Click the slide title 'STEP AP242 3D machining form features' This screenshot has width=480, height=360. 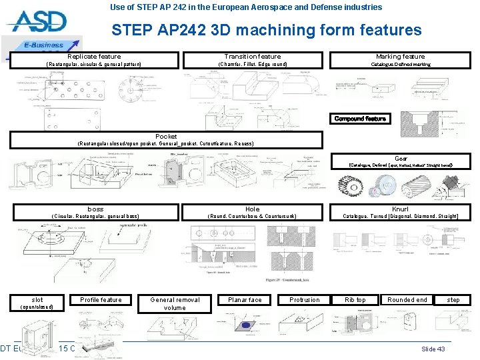click(267, 30)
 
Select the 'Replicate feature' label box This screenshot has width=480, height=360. click(94, 57)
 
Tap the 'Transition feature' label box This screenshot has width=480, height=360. click(253, 57)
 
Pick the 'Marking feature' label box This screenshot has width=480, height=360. click(400, 57)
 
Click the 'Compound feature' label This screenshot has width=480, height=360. click(360, 119)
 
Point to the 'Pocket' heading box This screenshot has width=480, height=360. click(166, 136)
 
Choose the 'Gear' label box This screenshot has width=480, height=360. click(401, 159)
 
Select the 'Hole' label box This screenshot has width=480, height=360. click(253, 209)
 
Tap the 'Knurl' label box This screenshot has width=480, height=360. click(400, 209)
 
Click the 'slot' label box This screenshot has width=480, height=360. click(38, 299)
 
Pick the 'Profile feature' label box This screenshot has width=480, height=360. click(101, 300)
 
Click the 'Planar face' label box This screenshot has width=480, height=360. click(245, 300)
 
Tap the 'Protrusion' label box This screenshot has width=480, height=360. click(305, 300)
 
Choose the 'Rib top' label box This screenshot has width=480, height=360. click(355, 300)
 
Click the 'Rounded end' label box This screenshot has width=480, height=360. click(407, 300)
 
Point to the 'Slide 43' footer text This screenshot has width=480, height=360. click(433, 349)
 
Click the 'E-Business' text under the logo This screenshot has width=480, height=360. click(44, 45)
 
